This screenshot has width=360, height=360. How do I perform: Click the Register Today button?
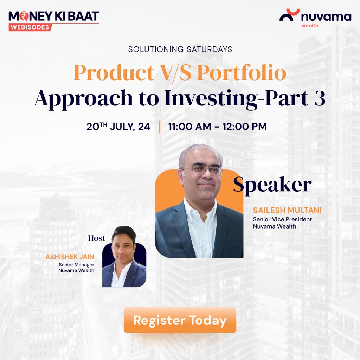180,320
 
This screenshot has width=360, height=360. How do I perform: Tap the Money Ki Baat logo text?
54,16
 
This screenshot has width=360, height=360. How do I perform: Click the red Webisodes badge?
30,27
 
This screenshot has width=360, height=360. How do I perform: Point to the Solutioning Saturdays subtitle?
180,49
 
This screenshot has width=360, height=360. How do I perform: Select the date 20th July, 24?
118,127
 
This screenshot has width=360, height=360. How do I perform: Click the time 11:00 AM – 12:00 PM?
217,127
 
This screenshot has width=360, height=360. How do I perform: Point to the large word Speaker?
272,185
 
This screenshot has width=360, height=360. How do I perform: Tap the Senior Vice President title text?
282,219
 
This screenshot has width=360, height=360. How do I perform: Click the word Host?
96,238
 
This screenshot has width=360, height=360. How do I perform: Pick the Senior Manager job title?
76,264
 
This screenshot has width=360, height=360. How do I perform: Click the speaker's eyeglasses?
202,170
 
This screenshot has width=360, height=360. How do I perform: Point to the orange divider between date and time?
160,127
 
